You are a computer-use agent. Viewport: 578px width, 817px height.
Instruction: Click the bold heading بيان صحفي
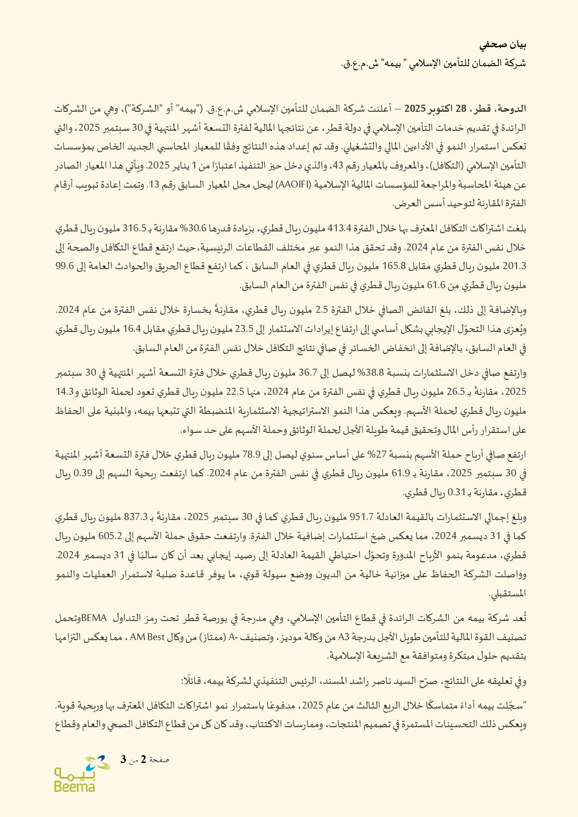click(x=503, y=45)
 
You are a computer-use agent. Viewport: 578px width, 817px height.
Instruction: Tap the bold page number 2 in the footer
click(x=143, y=760)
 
